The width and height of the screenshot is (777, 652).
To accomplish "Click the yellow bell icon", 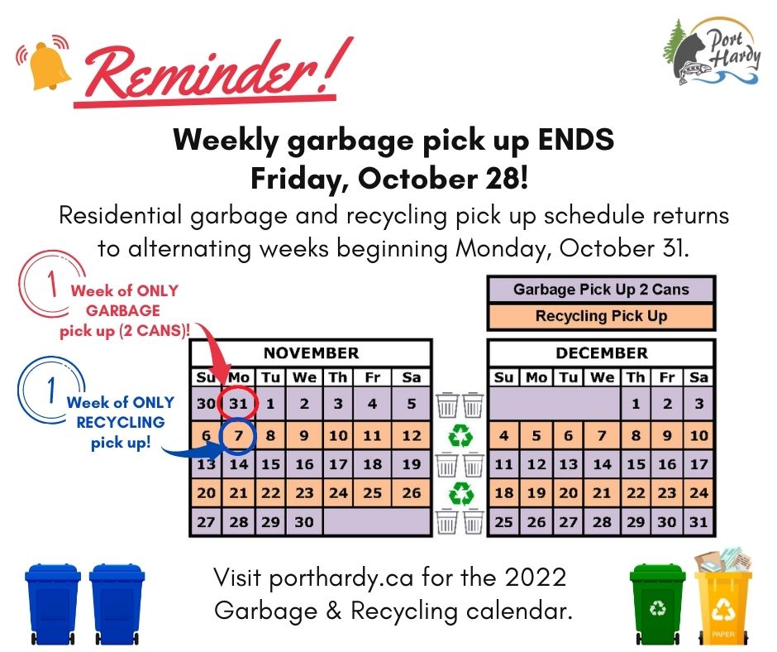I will [49, 64].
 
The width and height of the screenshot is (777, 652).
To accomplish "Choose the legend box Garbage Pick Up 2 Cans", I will [601, 290].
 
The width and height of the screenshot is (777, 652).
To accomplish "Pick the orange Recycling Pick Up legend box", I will [601, 316].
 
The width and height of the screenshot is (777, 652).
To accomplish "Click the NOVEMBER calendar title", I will [311, 353].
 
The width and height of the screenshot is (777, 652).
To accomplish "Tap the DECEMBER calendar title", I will [601, 353].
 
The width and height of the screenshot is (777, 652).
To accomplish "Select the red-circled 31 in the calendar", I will [238, 405].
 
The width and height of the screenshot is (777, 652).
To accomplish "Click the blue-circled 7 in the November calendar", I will [238, 434].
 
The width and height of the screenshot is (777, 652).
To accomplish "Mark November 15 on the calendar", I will [271, 464].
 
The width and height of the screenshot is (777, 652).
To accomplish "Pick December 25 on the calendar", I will [503, 523].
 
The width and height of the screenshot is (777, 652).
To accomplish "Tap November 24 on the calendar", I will [338, 494].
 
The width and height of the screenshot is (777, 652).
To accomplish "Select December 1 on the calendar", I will [635, 405].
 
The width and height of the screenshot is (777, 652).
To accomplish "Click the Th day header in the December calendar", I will [635, 378].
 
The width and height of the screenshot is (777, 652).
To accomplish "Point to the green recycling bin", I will [658, 602].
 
